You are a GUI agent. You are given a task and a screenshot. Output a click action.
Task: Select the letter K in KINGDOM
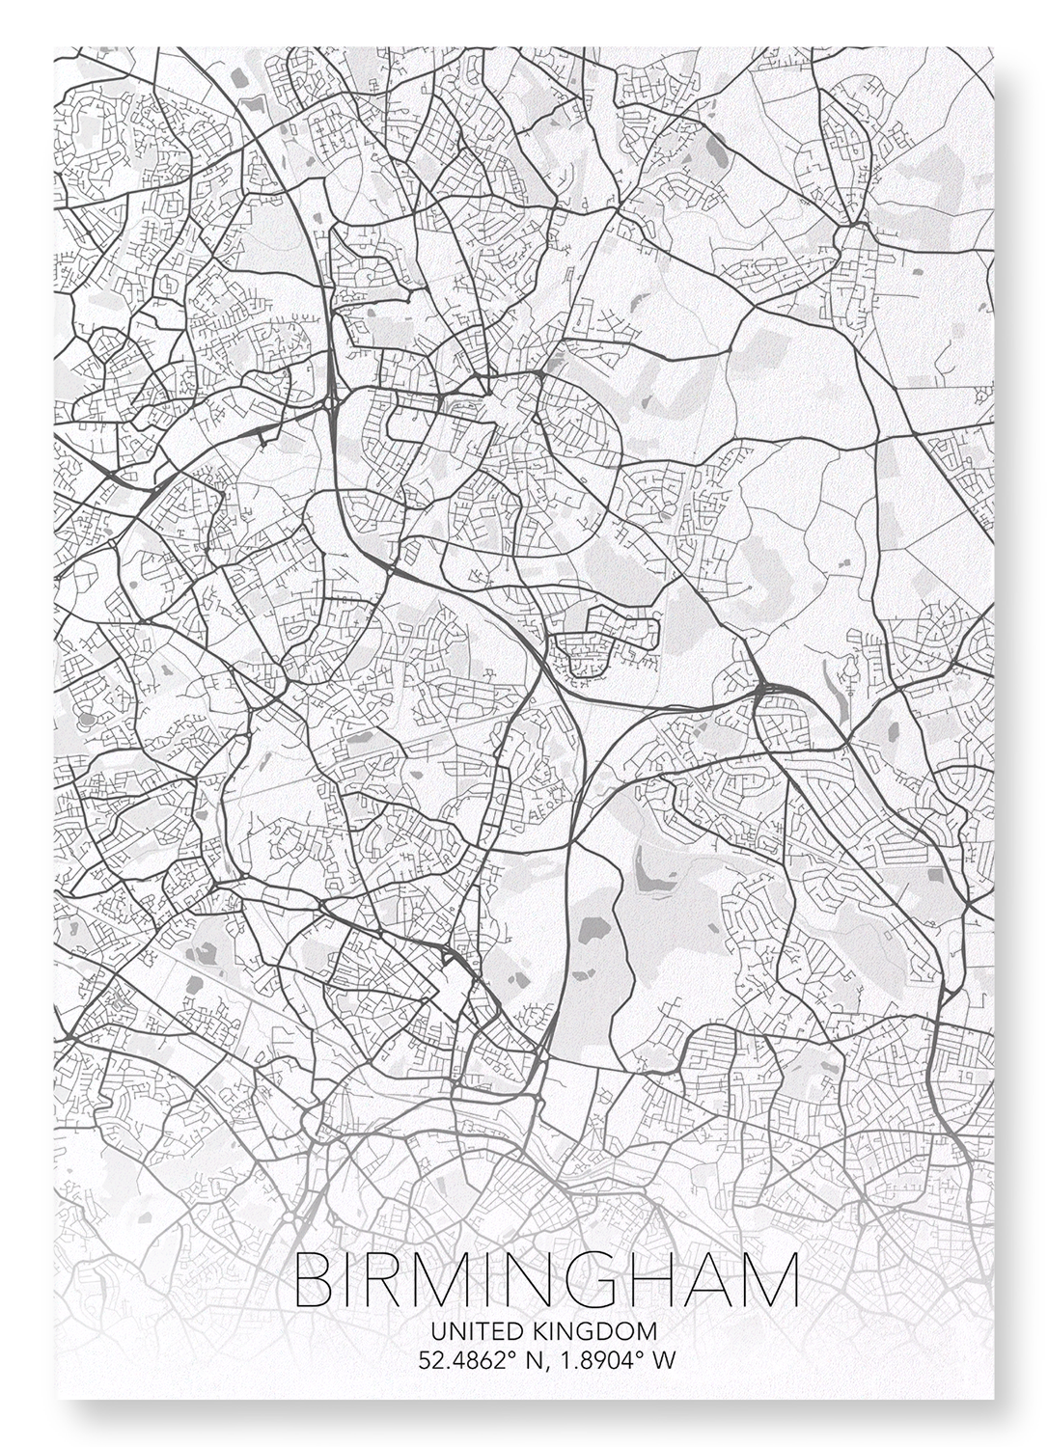pos(538,1331)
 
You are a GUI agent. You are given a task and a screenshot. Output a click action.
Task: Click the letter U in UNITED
pos(438,1331)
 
